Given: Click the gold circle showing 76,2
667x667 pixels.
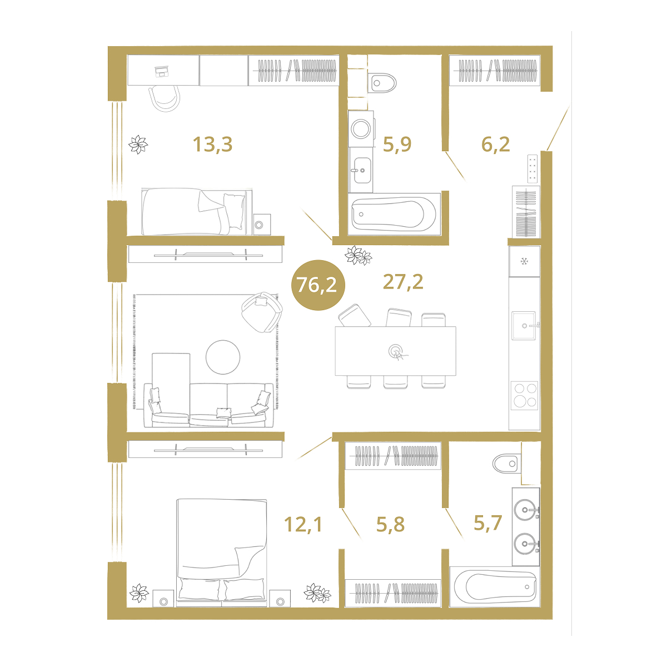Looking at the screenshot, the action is (x=318, y=285).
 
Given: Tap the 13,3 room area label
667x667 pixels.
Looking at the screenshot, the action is (x=212, y=144).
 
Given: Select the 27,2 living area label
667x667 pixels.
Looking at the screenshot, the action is (x=403, y=282).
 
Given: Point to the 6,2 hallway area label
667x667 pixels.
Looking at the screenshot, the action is (x=495, y=144).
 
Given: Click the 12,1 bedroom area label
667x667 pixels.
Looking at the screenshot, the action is (x=303, y=524).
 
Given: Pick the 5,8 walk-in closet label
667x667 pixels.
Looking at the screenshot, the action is (x=390, y=524).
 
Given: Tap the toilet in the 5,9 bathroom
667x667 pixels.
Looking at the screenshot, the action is (x=382, y=83).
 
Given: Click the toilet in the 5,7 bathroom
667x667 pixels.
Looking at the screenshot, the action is (x=506, y=464).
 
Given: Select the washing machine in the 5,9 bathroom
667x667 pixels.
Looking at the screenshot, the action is (x=361, y=128).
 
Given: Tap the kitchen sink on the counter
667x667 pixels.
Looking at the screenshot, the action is (x=524, y=325).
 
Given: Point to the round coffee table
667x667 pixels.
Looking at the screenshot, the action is (x=223, y=357).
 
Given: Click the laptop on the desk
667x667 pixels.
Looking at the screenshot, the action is (x=161, y=72).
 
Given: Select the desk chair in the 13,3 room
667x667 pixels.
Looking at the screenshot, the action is (x=165, y=98).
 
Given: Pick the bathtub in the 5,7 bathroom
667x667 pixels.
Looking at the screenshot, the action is (x=495, y=586).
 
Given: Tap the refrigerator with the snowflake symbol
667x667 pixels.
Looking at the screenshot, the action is (x=524, y=261).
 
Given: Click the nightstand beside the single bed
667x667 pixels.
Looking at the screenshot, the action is (x=262, y=225).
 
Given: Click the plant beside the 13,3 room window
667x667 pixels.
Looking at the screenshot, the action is (x=138, y=145).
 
